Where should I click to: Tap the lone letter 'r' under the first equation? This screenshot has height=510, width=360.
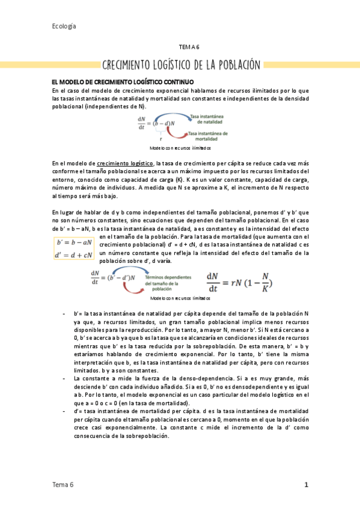(x=160, y=138)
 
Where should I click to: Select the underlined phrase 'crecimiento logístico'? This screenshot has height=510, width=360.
(x=125, y=163)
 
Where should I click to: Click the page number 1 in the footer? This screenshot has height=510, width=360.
(x=306, y=484)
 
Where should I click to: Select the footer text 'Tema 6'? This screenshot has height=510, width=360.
(x=63, y=484)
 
